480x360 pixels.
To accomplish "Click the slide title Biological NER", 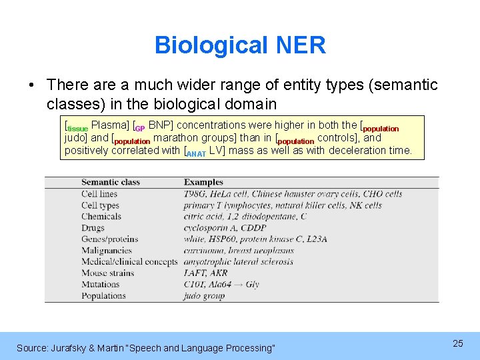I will click(x=240, y=45).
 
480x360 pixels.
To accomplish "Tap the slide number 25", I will click(x=457, y=343).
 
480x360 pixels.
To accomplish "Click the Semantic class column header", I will click(x=110, y=182).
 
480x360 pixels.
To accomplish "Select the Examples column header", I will click(x=203, y=182).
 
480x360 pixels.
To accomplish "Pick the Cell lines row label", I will click(x=99, y=194).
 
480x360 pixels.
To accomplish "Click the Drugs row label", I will click(x=94, y=228).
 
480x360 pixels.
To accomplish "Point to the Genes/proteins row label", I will click(x=111, y=239).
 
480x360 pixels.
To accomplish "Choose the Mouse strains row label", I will click(x=107, y=273).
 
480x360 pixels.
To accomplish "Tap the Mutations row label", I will click(x=100, y=284).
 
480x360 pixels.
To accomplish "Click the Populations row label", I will click(x=103, y=295).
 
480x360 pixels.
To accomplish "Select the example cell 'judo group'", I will click(x=204, y=295).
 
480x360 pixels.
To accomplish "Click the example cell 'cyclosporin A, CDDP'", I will click(x=225, y=228).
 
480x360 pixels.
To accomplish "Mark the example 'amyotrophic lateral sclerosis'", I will click(x=238, y=261).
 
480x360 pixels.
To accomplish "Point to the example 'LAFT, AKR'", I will click(x=205, y=273).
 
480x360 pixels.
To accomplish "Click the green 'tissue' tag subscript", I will click(x=77, y=129).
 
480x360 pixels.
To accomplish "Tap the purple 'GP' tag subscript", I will click(x=140, y=129).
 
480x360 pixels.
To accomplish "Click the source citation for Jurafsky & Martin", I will click(x=145, y=348).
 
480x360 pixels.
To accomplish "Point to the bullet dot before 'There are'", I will click(x=31, y=86).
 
